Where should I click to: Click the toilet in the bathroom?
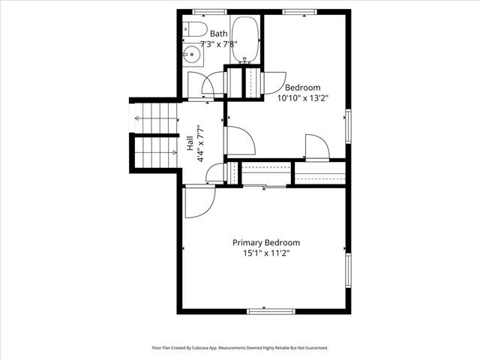coord(194,31)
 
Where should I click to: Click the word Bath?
coord(219,33)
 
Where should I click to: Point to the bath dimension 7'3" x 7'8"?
coord(219,43)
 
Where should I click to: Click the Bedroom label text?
coord(302,87)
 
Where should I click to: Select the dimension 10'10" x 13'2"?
coord(302,97)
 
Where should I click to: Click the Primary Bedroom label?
coord(265,242)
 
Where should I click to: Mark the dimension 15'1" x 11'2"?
coord(265,253)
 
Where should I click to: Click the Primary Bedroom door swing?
coord(198,202)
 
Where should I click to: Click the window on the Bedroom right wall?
coord(348,125)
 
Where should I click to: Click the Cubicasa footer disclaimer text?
coord(240,348)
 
